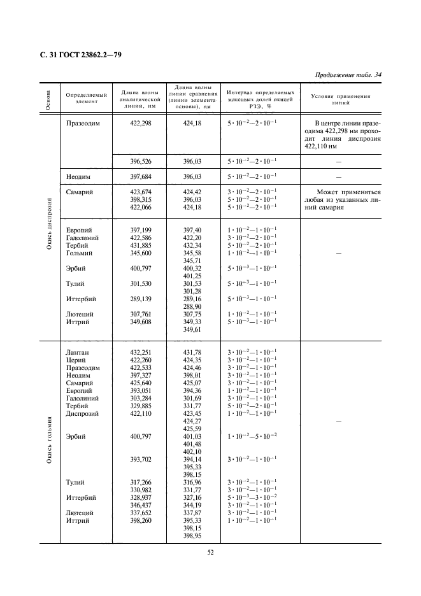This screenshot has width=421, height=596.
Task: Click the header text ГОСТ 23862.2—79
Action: pyautogui.click(x=76, y=55)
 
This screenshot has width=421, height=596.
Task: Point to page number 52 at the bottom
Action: pyautogui.click(x=210, y=552)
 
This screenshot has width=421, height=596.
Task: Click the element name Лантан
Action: pyautogui.click(x=77, y=352)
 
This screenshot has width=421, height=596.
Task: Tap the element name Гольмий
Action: pyautogui.click(x=78, y=253)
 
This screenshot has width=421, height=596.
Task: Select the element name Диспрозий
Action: pyautogui.click(x=82, y=413)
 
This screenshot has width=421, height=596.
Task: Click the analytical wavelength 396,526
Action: pyautogui.click(x=140, y=162)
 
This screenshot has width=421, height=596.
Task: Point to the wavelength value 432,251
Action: pyautogui.click(x=140, y=352)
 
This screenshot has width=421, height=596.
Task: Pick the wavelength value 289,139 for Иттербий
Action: pyautogui.click(x=140, y=299)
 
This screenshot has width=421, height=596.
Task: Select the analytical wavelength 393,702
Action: pyautogui.click(x=140, y=459)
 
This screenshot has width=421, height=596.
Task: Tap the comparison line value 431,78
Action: pyautogui.click(x=192, y=352)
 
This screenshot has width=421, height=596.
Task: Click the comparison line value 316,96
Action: pyautogui.click(x=192, y=482)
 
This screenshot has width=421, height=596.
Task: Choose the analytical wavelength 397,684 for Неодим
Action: pyautogui.click(x=140, y=176)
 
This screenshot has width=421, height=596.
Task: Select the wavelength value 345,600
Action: pyautogui.click(x=140, y=253)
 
